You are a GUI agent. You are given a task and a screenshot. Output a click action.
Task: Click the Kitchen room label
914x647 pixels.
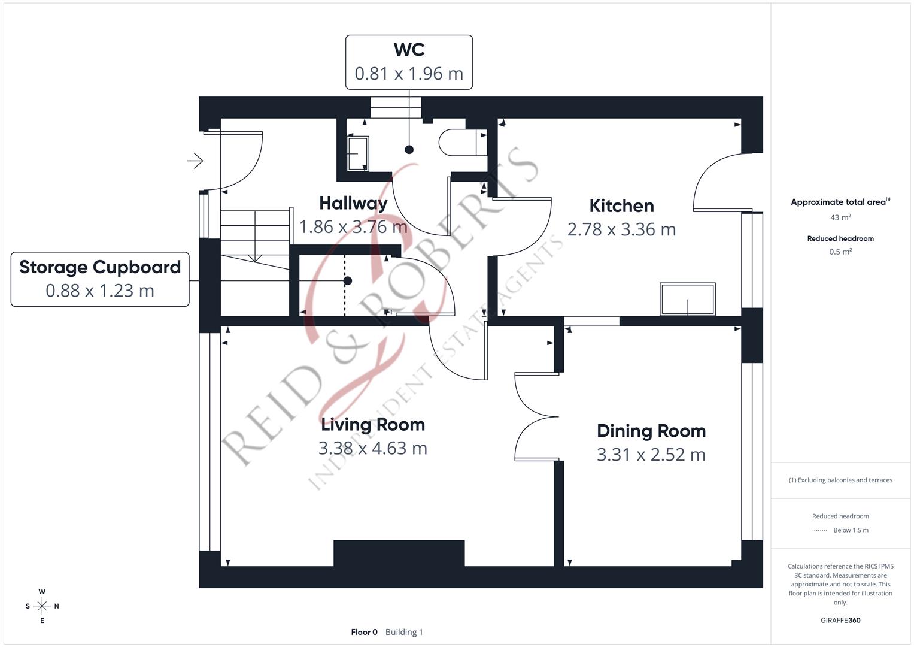pos(621,206)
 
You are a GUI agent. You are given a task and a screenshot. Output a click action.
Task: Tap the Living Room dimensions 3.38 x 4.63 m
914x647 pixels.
pos(372,448)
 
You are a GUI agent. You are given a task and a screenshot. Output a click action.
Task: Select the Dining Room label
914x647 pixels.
pos(651,431)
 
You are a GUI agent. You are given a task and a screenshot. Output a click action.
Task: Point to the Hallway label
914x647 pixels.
pos(353,204)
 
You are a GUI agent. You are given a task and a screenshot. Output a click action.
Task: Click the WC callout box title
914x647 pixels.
pos(409,50)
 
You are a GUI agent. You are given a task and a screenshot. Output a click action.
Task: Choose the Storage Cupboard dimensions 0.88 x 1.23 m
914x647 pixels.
pos(100,291)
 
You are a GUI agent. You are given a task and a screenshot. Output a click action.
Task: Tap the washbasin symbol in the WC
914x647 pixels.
pos(358,153)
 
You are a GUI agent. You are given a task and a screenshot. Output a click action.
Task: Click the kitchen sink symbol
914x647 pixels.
pos(688,299)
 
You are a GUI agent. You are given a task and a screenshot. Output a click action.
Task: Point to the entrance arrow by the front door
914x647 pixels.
pos(195,161)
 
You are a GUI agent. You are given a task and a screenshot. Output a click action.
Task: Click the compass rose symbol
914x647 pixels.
pos(42,606)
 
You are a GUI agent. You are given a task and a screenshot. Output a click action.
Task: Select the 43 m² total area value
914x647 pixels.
pos(840,217)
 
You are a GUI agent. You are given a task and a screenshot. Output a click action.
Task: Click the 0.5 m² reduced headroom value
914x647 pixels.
pos(840,252)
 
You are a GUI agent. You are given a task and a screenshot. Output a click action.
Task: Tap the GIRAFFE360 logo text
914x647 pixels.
pos(840,620)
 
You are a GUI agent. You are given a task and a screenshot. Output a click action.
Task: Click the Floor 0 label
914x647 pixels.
pos(364,632)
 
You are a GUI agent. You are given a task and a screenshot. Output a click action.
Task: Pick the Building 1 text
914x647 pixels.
pos(404,632)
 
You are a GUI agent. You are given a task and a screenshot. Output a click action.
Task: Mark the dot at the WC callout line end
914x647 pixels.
pos(409,150)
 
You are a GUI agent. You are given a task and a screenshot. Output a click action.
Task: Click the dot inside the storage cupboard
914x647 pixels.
pos(347,280)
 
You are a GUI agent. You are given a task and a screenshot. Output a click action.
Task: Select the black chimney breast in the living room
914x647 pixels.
pos(399,553)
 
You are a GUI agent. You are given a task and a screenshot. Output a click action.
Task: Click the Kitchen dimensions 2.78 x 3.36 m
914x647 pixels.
pos(621,229)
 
